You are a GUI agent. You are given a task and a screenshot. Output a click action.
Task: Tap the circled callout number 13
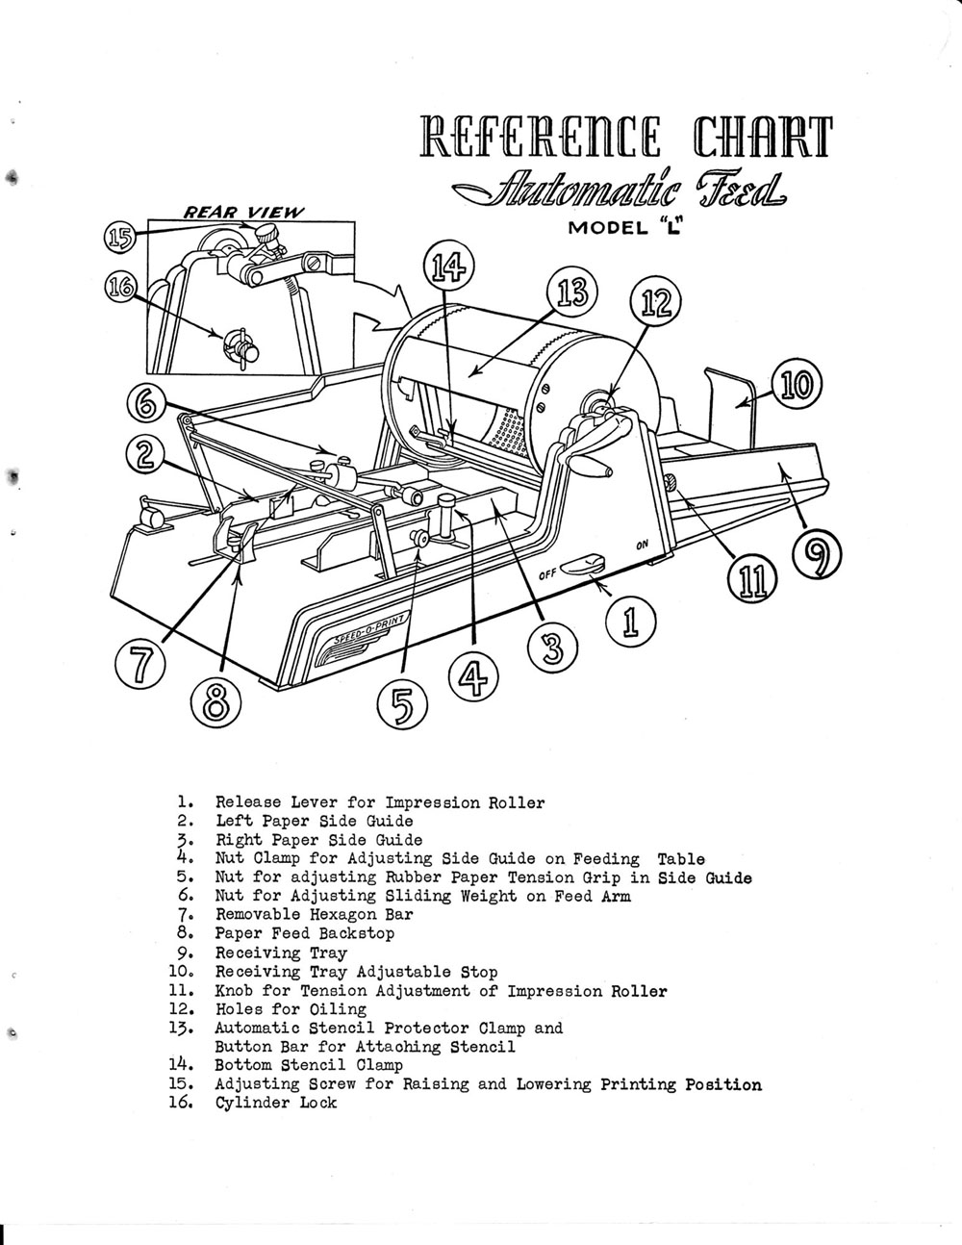pyautogui.click(x=572, y=292)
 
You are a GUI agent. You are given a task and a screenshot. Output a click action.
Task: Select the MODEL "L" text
pyautogui.click(x=632, y=229)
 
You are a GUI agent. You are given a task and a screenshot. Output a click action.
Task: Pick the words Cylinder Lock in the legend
pyautogui.click(x=276, y=1103)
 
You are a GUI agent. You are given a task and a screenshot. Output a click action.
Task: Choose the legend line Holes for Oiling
pyautogui.click(x=291, y=1009)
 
